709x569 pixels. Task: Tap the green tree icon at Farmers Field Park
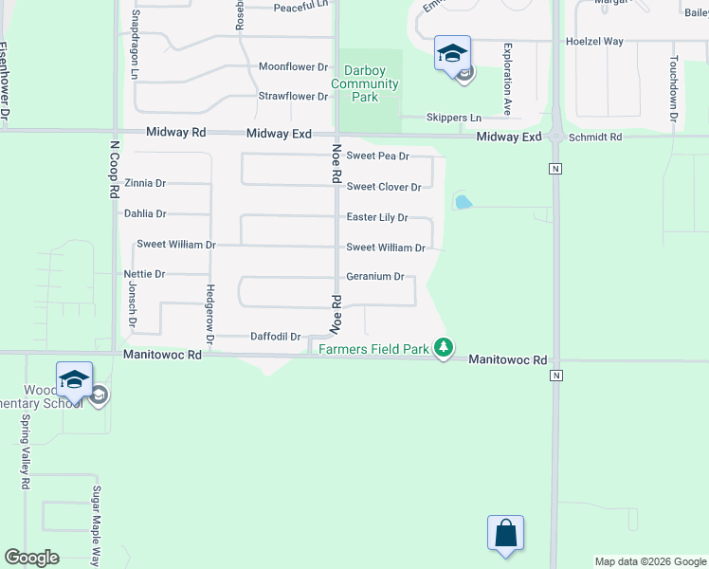point(443,348)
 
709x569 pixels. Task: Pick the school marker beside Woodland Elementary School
point(74,380)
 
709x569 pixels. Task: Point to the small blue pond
point(463,202)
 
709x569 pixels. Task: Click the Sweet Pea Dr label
point(377,156)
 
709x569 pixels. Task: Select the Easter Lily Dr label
point(376,217)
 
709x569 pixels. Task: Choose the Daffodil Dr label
point(275,337)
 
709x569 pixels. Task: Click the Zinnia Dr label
point(145,183)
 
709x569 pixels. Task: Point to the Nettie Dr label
point(144,274)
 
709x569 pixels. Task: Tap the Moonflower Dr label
point(293,67)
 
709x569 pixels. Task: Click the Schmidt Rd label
point(595,138)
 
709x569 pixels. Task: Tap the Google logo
point(31,558)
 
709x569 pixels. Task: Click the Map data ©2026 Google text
point(649,561)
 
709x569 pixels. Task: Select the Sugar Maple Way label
point(96,525)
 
